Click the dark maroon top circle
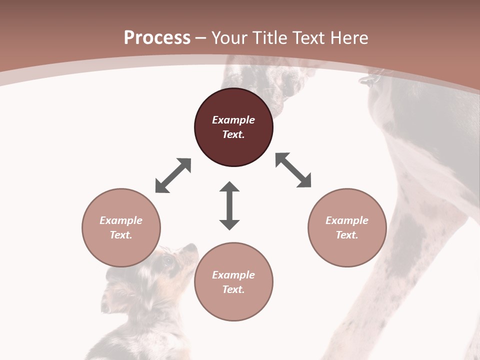[x=233, y=127]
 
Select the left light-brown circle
[x=121, y=227]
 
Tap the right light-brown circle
[x=347, y=227]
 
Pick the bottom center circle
[x=233, y=282]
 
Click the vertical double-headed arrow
[x=229, y=205]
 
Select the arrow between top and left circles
[x=173, y=175]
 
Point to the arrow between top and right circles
[x=293, y=170]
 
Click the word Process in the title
[x=157, y=37]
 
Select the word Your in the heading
[x=230, y=37]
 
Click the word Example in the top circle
[x=233, y=120]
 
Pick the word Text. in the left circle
[x=121, y=235]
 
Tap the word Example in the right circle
[x=347, y=220]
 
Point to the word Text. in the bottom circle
[x=233, y=289]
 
